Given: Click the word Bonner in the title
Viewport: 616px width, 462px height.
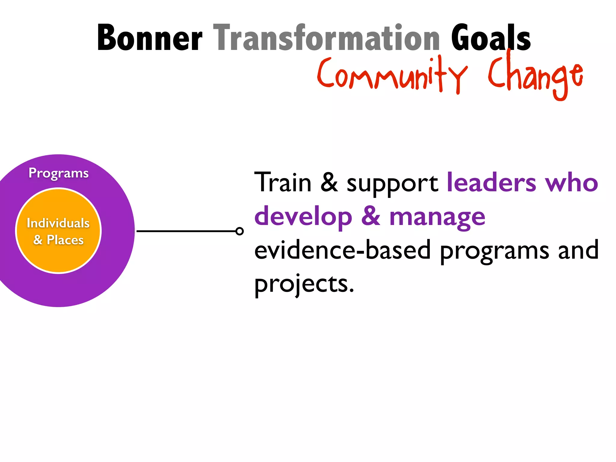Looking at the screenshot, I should tap(149, 38).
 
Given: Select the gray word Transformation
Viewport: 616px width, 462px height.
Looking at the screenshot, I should tap(327, 38).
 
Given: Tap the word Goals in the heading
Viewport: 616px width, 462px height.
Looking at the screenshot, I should tap(491, 38).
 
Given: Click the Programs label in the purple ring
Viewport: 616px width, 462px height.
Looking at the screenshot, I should tap(59, 173).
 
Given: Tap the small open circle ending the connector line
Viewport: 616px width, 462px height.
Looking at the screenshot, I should tap(239, 231).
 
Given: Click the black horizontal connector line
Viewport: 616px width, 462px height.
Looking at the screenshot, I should tap(186, 231).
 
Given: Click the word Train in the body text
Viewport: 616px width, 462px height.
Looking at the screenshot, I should tap(283, 183).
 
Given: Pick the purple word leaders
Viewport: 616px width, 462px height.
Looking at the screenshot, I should tap(491, 183).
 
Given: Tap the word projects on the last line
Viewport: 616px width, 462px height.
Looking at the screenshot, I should tap(304, 285).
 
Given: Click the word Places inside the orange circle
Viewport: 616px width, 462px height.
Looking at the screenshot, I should tap(65, 240).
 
